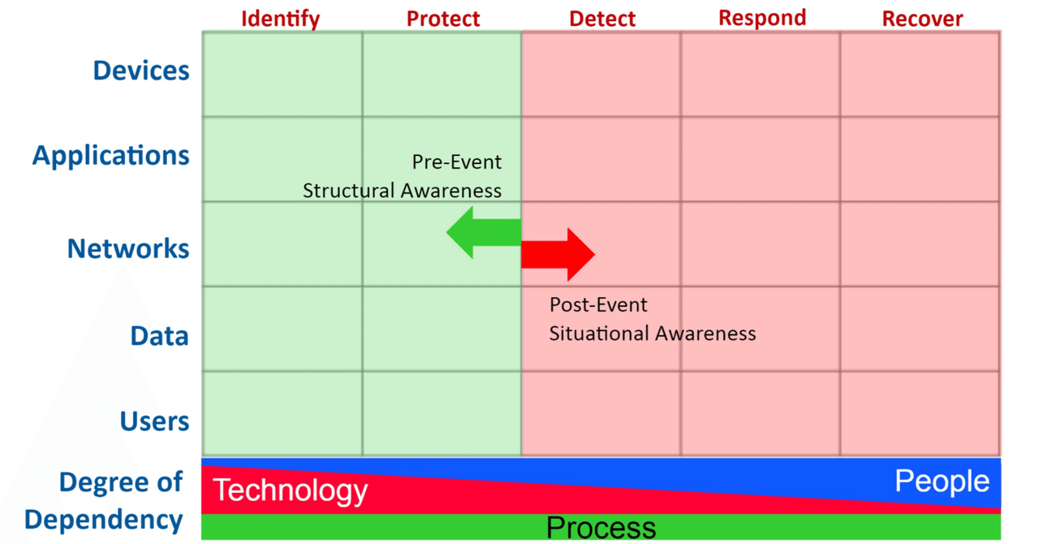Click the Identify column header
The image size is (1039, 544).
pos(280,19)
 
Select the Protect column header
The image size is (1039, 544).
pos(443,19)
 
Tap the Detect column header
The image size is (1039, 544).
pos(601,19)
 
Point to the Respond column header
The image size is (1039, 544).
pos(761,18)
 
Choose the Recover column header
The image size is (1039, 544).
pos(922,19)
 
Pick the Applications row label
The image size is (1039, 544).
pos(111,155)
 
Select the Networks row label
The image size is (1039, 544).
pos(128,248)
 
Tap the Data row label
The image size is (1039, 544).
pos(159,335)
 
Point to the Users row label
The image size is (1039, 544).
pos(154,421)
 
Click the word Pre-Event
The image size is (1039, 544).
pos(457,162)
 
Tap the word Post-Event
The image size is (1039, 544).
pos(598,305)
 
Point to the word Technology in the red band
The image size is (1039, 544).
pos(290,490)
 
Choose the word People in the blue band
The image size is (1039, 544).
pos(942,481)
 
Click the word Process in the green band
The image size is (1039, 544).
pos(601,528)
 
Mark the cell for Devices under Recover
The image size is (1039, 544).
pos(920,75)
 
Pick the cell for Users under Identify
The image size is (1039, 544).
pos(282,413)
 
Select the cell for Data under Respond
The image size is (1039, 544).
pos(760,329)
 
